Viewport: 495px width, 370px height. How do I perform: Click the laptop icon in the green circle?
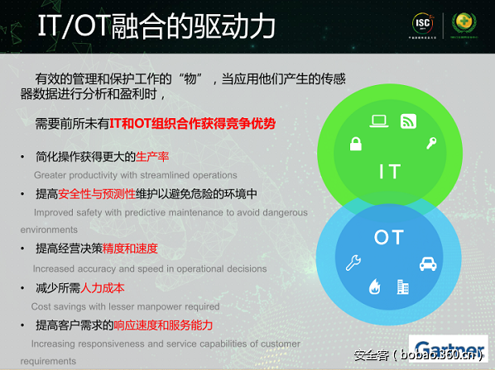[379, 121]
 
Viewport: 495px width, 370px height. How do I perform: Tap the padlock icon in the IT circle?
[355, 145]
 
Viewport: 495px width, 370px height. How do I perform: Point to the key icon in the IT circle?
[430, 143]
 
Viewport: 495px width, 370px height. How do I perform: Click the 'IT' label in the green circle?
[389, 171]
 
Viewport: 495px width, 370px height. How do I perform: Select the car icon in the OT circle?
[427, 264]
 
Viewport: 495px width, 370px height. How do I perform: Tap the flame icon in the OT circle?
[374, 287]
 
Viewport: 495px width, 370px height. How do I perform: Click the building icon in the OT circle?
[403, 287]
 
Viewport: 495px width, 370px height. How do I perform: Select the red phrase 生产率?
[152, 157]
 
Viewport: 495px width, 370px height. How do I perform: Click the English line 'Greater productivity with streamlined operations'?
[135, 175]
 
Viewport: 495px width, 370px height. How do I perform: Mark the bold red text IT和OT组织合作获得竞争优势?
[192, 124]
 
